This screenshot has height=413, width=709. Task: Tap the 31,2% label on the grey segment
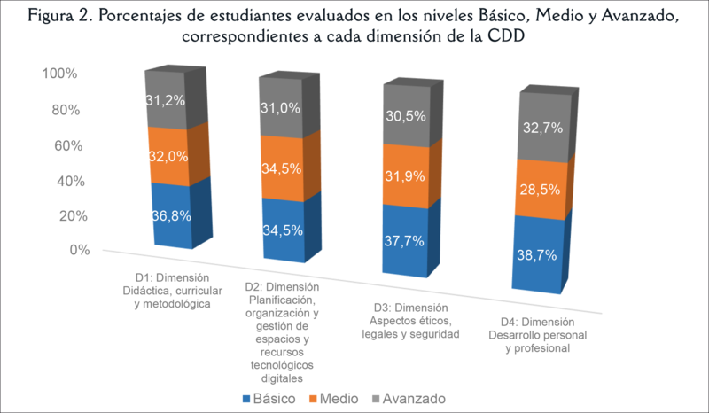click(x=166, y=100)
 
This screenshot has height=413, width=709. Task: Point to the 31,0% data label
click(x=281, y=108)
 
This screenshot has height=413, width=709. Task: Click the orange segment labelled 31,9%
click(x=402, y=177)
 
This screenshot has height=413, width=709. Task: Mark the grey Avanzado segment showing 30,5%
click(x=402, y=116)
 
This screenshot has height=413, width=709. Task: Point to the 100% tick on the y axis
click(x=59, y=74)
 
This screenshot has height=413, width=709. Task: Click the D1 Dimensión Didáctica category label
click(x=166, y=292)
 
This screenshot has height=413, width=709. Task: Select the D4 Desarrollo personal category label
click(x=532, y=335)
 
